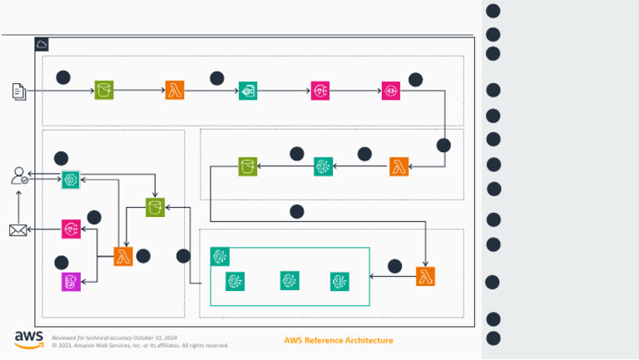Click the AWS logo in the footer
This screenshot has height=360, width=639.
(x=28, y=339)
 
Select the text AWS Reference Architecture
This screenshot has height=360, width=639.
(x=338, y=340)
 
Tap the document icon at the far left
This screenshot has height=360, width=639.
(x=19, y=91)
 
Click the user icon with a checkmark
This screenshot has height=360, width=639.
(x=19, y=175)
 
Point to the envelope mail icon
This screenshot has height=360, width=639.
(x=18, y=230)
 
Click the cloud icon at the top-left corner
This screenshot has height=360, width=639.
(x=42, y=44)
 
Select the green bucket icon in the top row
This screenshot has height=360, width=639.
(x=104, y=91)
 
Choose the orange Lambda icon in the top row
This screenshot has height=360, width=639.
(x=175, y=91)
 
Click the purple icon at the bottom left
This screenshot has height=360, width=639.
(x=71, y=282)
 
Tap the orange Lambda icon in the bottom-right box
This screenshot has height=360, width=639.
(x=426, y=277)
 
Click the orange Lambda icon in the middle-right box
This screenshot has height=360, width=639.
(x=399, y=166)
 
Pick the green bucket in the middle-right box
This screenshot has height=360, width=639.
(x=248, y=166)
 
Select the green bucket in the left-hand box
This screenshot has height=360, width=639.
(x=155, y=207)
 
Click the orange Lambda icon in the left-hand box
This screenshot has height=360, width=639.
(x=123, y=256)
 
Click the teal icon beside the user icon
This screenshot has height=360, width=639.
(x=71, y=179)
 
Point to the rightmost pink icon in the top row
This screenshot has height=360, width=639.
(x=391, y=91)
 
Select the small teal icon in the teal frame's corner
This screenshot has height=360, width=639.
(x=220, y=256)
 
